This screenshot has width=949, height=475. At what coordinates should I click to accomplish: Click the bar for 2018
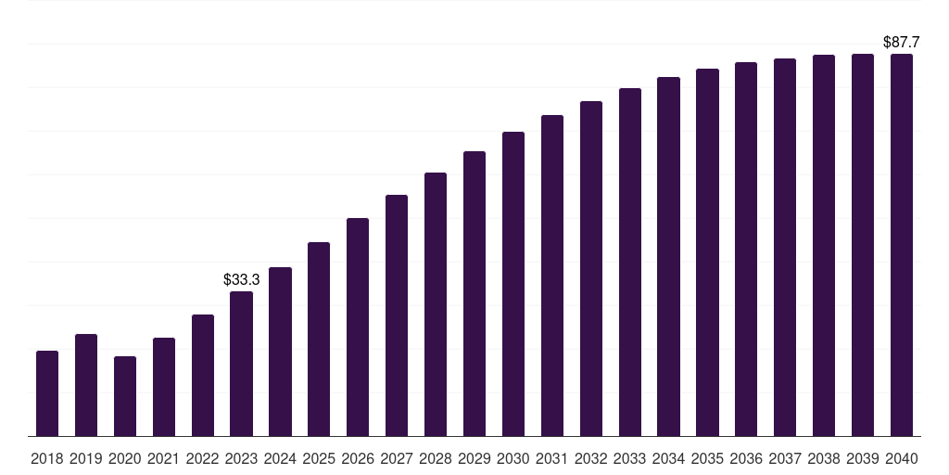47,393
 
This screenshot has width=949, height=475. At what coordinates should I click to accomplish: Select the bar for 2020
125,396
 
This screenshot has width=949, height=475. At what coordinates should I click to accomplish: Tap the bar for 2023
242,364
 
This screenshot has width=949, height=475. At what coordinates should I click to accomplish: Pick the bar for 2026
358,327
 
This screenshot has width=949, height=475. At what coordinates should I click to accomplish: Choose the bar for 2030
513,284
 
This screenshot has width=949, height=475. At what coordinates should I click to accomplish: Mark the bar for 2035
708,252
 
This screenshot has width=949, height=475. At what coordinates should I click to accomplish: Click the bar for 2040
902,245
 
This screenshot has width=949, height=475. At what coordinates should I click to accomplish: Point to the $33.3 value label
241,279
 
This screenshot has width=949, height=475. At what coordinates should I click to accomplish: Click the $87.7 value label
901,43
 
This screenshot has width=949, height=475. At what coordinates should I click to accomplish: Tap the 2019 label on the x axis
86,458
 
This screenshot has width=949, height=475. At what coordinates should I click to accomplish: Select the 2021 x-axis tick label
164,458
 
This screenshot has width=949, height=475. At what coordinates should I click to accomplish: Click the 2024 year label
281,458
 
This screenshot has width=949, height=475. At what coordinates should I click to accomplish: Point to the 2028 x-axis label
436,458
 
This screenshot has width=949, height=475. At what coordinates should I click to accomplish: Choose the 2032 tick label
591,458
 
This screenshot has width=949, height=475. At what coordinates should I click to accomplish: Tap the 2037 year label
785,458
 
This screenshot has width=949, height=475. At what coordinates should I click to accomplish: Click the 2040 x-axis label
902,458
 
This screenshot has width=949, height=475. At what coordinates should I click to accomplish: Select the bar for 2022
203,375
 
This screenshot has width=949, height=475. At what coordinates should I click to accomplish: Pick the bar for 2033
630,262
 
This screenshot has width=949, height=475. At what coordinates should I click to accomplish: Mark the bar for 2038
824,245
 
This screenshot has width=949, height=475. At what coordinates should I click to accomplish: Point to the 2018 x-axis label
47,458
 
